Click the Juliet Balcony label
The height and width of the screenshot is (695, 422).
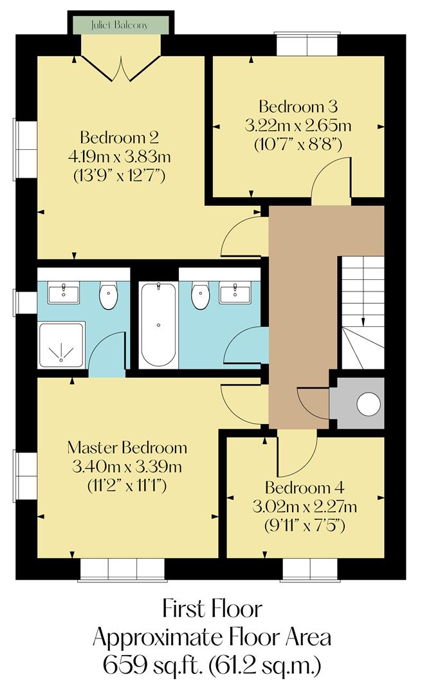120,25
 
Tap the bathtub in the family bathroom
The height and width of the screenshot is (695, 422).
158,325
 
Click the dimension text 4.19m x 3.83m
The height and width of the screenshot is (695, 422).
119,156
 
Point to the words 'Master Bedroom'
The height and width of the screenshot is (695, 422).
127,447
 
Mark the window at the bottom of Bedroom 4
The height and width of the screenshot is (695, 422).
310,570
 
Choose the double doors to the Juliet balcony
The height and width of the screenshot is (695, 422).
120,68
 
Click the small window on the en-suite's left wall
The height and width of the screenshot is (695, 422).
26,302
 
